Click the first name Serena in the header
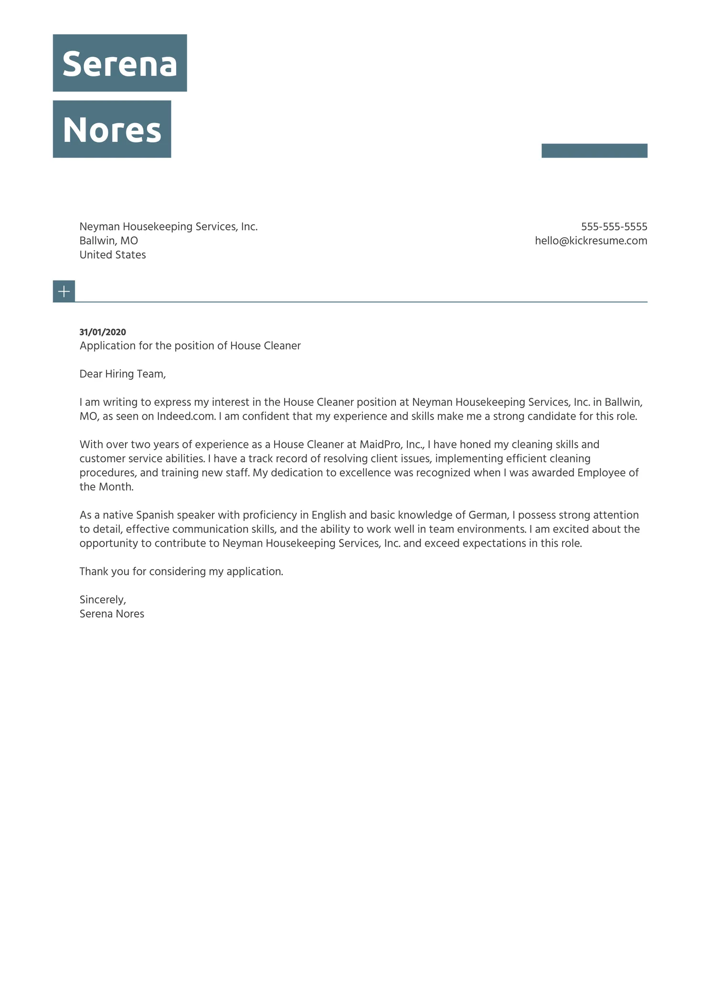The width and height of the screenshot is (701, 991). pos(119,64)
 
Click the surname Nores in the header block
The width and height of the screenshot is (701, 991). pos(112,130)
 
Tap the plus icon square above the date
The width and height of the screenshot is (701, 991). pos(64,291)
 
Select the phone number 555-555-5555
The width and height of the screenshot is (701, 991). pos(614,227)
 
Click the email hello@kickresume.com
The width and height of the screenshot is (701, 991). pos(591,241)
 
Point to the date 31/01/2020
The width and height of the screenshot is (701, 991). pos(103,332)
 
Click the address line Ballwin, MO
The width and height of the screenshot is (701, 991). pos(108,241)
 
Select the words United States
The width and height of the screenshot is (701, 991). pos(113,255)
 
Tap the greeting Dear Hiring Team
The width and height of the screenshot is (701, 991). pos(122,374)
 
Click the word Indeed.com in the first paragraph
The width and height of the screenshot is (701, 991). pos(186,416)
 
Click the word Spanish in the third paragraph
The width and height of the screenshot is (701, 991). pos(155,515)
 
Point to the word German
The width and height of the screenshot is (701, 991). pos(487,515)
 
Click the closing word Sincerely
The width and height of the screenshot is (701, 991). pos(103,600)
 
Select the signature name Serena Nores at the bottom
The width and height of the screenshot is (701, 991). pos(112,614)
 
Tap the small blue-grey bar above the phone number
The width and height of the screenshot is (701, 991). pos(594,150)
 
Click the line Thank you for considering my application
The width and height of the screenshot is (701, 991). pos(181,571)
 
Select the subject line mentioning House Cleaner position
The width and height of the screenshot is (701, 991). pos(190,346)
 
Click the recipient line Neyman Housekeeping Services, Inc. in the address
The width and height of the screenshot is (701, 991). pos(168,227)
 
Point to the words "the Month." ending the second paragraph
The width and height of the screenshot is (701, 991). pos(106,487)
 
